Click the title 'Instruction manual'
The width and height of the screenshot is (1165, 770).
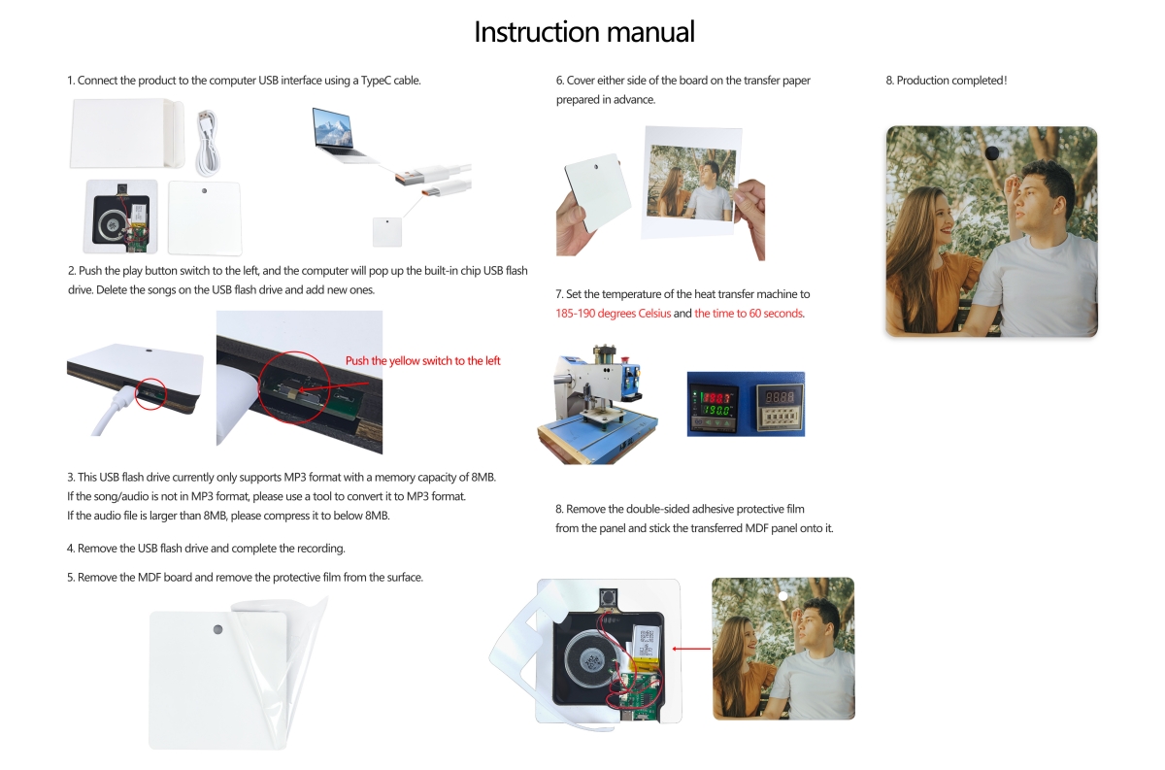[583, 32]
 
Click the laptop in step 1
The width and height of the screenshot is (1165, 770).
[339, 134]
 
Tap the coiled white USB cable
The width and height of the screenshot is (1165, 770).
[207, 140]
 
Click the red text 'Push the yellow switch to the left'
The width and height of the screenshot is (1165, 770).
[422, 361]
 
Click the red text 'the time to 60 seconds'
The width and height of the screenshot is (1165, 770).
[749, 314]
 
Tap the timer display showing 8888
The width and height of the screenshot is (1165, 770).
[776, 403]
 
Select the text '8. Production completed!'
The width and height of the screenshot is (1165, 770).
[947, 81]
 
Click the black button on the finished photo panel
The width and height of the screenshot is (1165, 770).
[991, 153]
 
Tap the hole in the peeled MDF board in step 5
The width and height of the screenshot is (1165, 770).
[216, 630]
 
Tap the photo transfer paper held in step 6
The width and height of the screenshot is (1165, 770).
[690, 183]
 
